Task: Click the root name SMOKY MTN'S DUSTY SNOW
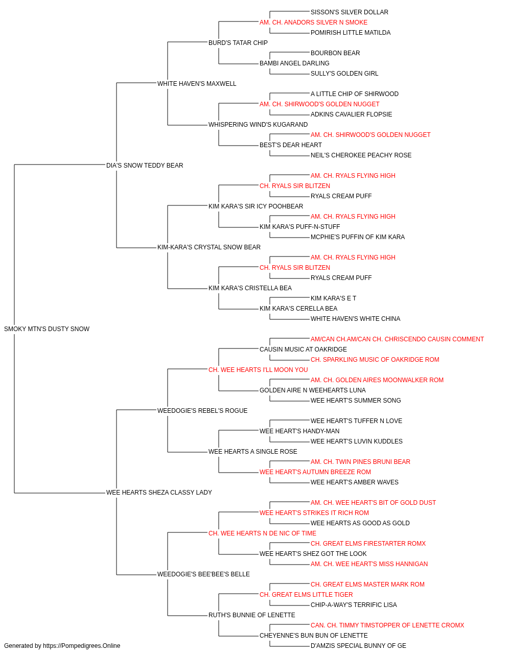(47, 329)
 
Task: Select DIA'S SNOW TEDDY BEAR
(145, 165)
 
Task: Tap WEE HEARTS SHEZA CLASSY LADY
(159, 493)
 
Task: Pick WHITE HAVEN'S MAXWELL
(197, 84)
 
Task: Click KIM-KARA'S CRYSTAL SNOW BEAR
(209, 247)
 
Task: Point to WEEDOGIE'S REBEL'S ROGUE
(202, 410)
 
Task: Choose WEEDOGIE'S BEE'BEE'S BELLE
(203, 574)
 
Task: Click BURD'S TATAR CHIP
(238, 43)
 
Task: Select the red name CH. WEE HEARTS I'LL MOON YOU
(258, 369)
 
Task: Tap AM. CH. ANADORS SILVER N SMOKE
(313, 22)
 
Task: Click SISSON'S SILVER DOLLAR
(349, 12)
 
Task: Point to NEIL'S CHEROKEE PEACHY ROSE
(361, 155)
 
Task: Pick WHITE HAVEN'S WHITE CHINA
(355, 318)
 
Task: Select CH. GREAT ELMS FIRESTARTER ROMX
(368, 543)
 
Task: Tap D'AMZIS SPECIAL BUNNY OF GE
(358, 646)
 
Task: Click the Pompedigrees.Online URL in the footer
(81, 646)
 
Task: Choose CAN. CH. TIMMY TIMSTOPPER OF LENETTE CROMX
(387, 625)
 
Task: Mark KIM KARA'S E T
(333, 298)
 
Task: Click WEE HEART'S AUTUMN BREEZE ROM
(315, 472)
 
